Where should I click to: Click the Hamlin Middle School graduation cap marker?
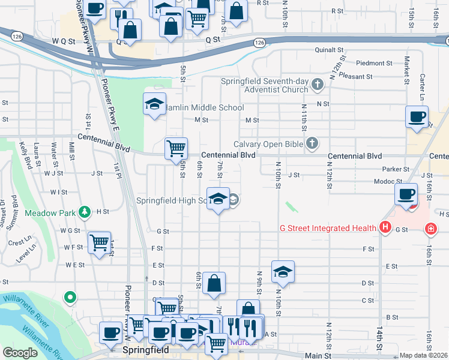(154, 104)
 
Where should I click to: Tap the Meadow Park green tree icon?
(86, 212)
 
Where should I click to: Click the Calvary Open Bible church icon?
(312, 143)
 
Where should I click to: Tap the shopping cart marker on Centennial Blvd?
(176, 147)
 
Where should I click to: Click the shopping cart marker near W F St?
(99, 242)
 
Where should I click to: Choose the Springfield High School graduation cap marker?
(218, 198)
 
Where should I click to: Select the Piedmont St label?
(373, 63)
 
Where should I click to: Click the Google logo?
(20, 353)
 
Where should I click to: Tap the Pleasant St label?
(354, 77)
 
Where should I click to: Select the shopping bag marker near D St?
(214, 283)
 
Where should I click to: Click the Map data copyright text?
(424, 356)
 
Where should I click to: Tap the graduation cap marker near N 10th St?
(283, 271)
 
